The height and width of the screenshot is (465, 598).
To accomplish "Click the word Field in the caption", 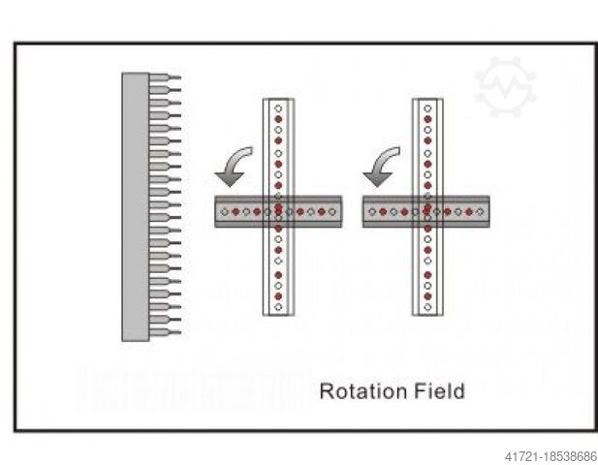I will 437,391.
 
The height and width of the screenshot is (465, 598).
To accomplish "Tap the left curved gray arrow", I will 233,166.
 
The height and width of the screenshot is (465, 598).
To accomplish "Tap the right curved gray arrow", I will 381,166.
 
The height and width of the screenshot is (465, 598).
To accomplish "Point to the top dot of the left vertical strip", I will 278,107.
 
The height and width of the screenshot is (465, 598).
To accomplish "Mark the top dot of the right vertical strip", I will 427,107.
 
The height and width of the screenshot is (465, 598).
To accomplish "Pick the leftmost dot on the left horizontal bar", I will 224,210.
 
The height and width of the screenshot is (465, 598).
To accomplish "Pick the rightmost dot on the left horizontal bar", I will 334,210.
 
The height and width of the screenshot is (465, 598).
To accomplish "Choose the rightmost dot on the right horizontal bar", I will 482,210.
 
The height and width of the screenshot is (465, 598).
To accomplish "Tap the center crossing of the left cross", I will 278,210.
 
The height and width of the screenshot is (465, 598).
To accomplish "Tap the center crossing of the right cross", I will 427,210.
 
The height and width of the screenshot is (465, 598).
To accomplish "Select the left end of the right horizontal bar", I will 365,210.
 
